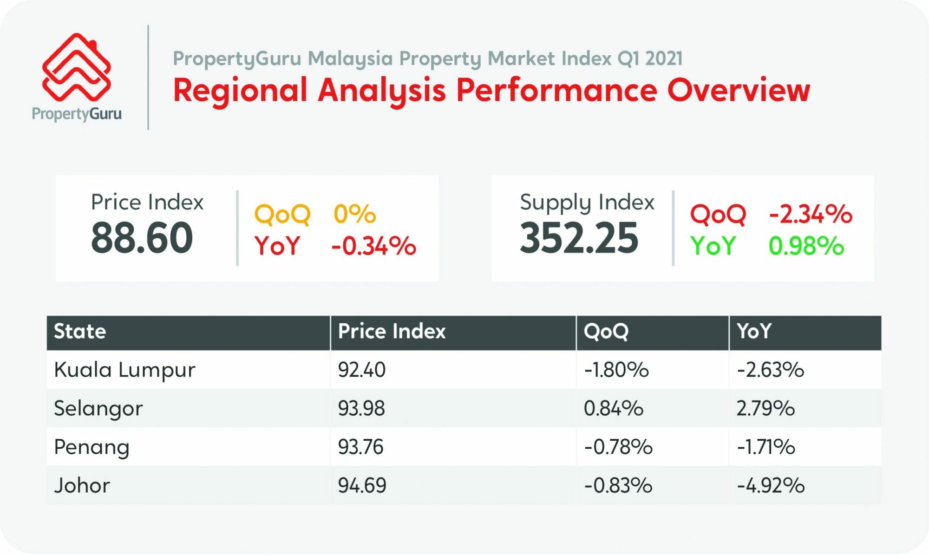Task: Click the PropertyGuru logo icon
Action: [77, 67]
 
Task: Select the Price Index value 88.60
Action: [142, 238]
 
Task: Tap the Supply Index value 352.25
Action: [579, 238]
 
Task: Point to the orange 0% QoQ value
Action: [354, 214]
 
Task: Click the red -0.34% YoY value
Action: [373, 246]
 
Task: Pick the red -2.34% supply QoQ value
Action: [811, 214]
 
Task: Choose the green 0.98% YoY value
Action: [806, 246]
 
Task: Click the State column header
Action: [80, 332]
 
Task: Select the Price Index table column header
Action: [392, 332]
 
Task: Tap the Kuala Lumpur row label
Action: [124, 370]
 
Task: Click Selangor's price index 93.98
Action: [361, 409]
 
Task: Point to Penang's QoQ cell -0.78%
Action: [618, 447]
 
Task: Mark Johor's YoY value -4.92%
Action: [771, 486]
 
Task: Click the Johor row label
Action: [82, 486]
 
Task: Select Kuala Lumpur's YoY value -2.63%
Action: [770, 370]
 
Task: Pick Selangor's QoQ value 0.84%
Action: [613, 409]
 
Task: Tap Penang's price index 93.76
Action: [361, 447]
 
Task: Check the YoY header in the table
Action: [754, 332]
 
